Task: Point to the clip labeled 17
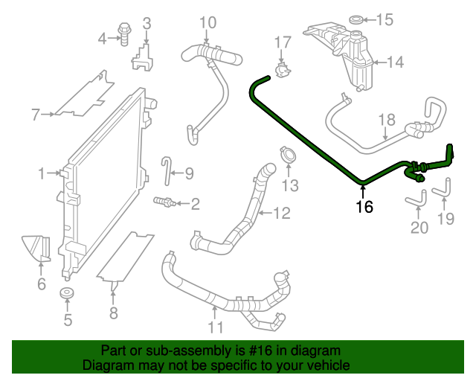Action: click(x=282, y=69)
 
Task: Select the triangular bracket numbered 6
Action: click(x=36, y=249)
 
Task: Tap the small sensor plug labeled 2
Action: click(x=164, y=201)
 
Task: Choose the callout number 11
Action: click(x=215, y=327)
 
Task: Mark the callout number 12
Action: click(x=281, y=214)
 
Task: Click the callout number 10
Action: click(x=208, y=22)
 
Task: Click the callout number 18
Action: click(x=386, y=119)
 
